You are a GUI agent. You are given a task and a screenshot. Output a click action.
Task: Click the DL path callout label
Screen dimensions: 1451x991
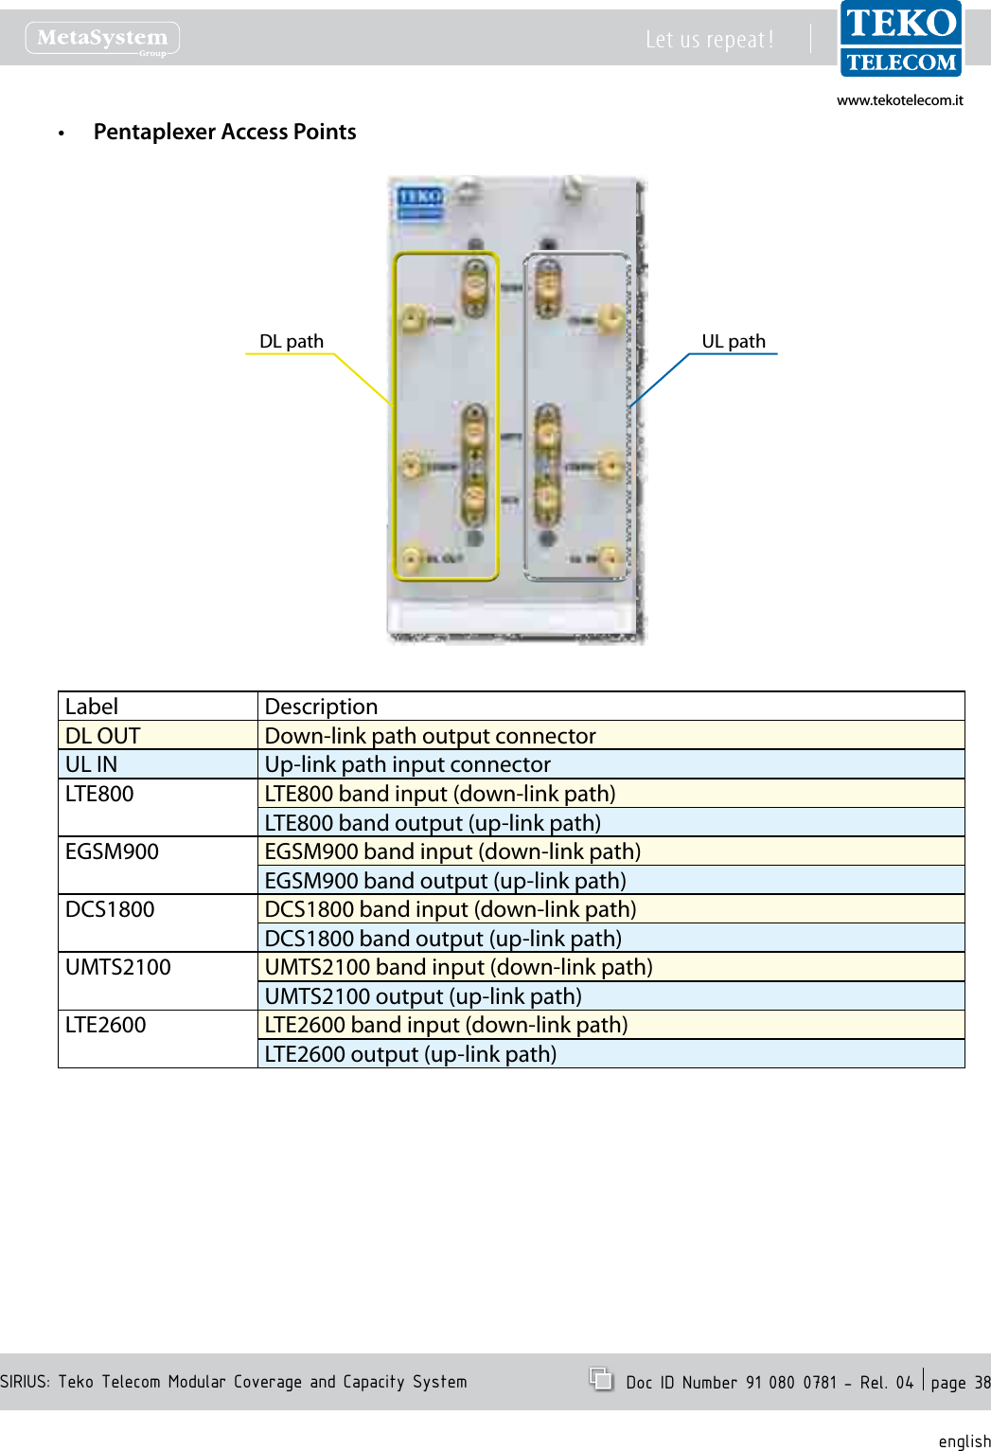tap(292, 342)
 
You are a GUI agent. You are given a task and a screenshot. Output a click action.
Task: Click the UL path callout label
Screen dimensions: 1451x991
tap(734, 342)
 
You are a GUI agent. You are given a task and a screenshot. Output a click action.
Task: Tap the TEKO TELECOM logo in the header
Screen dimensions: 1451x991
tap(900, 39)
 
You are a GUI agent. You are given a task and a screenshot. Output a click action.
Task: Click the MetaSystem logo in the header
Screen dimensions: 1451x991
tap(102, 39)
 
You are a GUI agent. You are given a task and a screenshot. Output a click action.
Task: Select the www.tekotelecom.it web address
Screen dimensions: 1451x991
tap(899, 100)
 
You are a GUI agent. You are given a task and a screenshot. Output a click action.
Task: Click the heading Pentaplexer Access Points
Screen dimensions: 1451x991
tap(224, 133)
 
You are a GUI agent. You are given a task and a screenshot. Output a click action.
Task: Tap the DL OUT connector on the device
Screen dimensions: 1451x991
tap(413, 557)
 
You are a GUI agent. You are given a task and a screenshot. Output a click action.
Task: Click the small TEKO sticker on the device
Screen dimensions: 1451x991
tap(419, 202)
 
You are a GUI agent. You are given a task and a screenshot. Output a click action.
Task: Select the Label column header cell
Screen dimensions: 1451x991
tap(157, 707)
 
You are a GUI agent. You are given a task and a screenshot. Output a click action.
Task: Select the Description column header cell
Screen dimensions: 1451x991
tap(610, 707)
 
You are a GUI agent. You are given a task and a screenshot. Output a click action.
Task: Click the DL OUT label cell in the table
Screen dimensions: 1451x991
tap(157, 736)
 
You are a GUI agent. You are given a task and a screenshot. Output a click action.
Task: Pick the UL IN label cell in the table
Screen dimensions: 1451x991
tap(157, 764)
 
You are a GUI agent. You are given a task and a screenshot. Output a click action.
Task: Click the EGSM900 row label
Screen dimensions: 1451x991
tap(157, 852)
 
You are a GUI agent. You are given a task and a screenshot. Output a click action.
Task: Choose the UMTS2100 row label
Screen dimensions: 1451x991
tap(157, 968)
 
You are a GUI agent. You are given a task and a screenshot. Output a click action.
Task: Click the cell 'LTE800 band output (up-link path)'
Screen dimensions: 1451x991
tap(610, 823)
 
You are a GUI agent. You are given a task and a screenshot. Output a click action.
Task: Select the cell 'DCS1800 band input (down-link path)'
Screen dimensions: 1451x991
tap(610, 909)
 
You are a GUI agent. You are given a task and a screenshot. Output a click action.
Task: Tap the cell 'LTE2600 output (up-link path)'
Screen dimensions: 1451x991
tap(610, 1054)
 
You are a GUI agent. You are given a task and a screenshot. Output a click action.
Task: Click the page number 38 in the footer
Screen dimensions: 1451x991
tap(982, 1383)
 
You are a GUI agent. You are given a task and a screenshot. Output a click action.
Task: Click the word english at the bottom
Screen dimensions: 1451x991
tap(964, 1441)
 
